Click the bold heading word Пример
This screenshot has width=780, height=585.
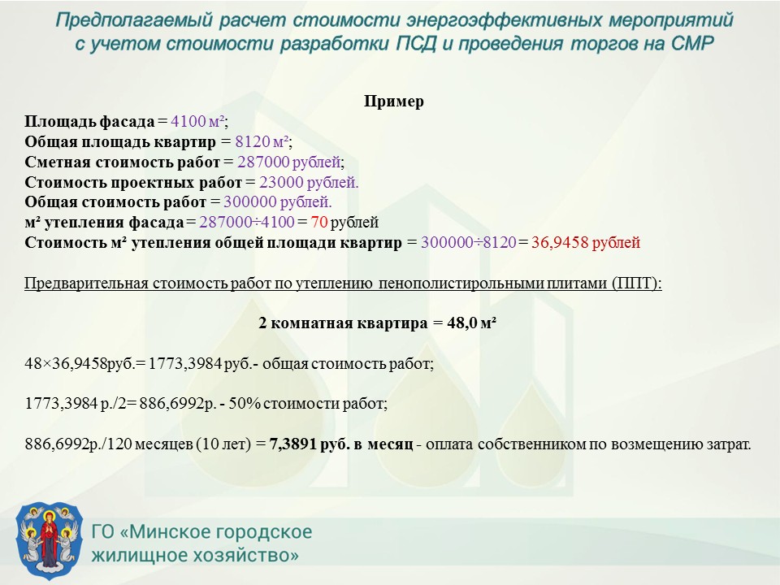(393, 101)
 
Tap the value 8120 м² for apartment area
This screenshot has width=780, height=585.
(262, 141)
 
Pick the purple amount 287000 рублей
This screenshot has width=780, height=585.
(289, 162)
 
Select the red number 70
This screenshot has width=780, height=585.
(319, 222)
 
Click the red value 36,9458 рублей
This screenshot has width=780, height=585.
(586, 242)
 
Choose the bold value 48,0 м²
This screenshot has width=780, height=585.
(471, 323)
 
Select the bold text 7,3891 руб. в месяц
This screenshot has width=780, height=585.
(341, 444)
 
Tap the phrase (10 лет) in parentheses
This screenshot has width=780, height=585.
(223, 444)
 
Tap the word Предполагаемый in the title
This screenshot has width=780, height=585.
(133, 20)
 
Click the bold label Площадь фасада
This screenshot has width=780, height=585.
(90, 121)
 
